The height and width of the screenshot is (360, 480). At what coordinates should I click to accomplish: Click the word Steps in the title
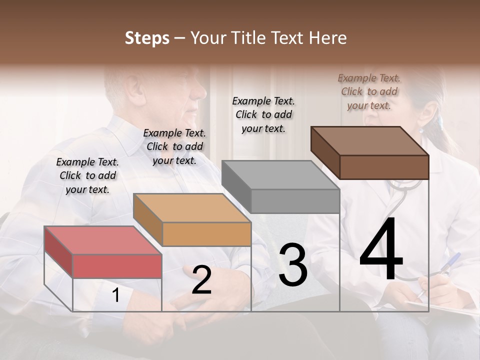pos(147,38)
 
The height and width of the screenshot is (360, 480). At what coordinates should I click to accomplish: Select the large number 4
pos(381,249)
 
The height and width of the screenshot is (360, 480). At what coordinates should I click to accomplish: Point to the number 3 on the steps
pos(293,264)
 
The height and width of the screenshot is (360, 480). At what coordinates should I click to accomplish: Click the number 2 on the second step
pos(201,280)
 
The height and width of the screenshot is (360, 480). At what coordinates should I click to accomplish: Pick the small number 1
pos(115,295)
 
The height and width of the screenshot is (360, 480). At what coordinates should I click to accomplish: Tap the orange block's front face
pos(206,234)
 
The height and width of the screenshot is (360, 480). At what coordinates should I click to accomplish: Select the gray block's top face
pos(280,175)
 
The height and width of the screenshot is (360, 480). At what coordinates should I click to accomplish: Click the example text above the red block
pos(87,175)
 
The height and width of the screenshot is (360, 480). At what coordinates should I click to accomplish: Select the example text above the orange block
pos(174,146)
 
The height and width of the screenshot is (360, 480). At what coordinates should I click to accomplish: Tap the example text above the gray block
pos(263,114)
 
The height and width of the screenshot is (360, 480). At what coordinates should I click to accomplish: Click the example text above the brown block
pos(369,91)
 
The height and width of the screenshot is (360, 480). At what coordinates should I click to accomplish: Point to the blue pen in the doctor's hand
pos(452,261)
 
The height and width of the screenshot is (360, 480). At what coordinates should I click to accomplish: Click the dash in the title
pos(180,38)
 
